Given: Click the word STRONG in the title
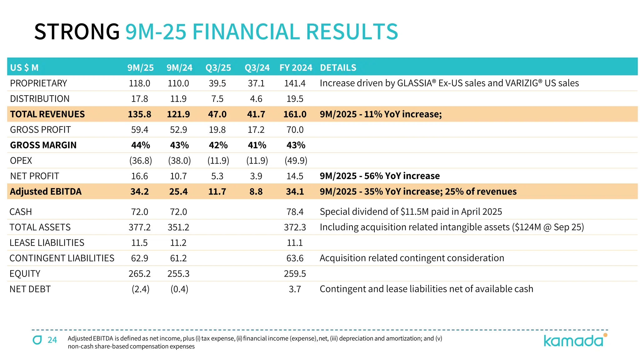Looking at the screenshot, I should click(77, 32).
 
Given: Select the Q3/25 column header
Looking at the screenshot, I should click(218, 67).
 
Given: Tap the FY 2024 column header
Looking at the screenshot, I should click(296, 67).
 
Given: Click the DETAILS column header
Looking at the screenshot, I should click(338, 67).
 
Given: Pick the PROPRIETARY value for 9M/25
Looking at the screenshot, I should click(139, 83).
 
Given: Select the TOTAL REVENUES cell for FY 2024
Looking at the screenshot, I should click(295, 114).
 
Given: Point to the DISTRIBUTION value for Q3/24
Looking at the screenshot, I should click(256, 99).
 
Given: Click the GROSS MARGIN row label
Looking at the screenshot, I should click(43, 145).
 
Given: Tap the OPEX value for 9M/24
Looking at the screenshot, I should click(179, 161).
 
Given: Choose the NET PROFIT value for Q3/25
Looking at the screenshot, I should click(217, 176).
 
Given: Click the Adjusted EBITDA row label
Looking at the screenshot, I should click(46, 192).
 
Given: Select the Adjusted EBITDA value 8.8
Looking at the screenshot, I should click(256, 192).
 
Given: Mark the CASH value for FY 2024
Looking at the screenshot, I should click(295, 212).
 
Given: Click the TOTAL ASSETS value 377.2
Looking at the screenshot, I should click(139, 227).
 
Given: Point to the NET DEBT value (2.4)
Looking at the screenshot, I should click(140, 289).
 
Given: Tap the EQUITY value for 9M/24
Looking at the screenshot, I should click(178, 274).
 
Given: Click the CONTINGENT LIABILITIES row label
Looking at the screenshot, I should click(62, 258).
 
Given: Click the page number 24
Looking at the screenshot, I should click(52, 340).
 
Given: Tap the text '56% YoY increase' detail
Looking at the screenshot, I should click(402, 176).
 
